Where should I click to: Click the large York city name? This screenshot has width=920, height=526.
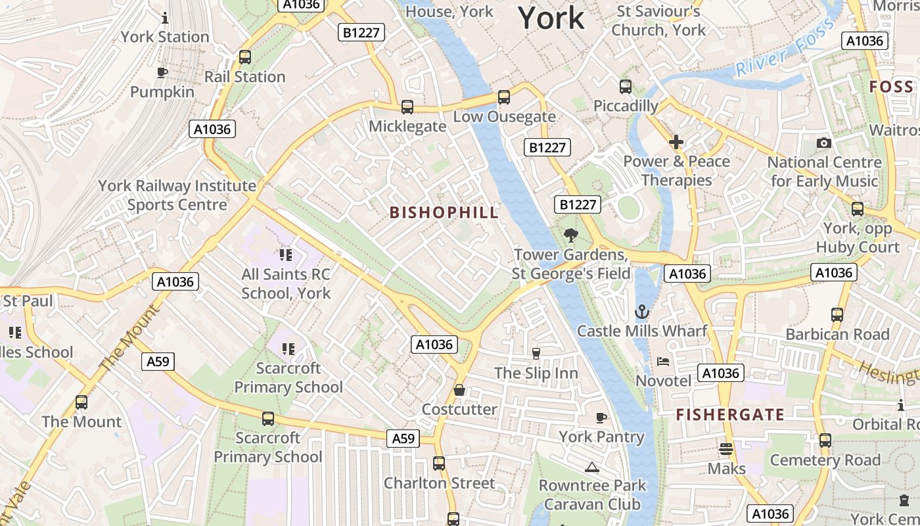coord(551,18)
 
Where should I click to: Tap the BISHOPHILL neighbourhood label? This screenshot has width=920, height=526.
coord(444,212)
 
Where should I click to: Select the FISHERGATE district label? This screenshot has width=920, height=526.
coord(730,414)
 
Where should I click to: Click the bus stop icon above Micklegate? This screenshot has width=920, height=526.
coord(407,107)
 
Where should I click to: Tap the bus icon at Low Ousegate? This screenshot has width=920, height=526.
coord(504,97)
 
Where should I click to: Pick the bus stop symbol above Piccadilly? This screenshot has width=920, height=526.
coord(626,87)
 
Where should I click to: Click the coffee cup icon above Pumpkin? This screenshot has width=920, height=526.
coord(162,73)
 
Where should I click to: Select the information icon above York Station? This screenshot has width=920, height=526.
coord(165,18)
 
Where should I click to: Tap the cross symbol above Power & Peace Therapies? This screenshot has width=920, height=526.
coord(676,142)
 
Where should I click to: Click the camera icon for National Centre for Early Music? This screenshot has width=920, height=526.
coord(823,143)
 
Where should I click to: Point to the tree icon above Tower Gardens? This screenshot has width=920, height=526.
coord(570,235)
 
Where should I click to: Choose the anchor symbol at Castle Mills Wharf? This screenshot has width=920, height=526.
coord(642,312)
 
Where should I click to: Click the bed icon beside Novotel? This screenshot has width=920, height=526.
coord(663,362)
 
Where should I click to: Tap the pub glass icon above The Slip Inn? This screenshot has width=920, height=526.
coord(536,354)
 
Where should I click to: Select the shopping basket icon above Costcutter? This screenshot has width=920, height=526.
coord(459,390)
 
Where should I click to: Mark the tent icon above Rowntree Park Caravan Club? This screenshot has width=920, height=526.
coord(592,467)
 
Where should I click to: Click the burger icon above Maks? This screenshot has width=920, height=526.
coord(726,449)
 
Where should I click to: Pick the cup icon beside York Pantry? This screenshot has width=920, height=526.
coord(601,418)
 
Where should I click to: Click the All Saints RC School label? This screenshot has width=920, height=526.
coord(286,283)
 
